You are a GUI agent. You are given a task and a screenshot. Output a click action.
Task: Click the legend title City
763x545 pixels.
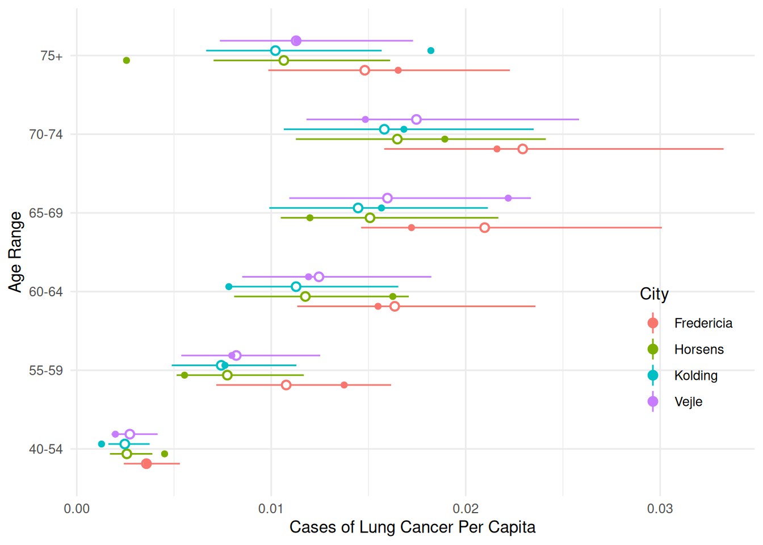coord(654,294)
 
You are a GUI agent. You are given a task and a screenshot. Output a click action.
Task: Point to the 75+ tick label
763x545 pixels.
coord(51,56)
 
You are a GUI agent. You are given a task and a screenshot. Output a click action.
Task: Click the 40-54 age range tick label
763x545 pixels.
coord(46,449)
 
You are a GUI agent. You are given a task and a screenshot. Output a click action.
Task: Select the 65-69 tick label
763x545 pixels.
coord(46,213)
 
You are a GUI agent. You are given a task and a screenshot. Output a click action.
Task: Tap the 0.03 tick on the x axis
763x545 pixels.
coord(660,509)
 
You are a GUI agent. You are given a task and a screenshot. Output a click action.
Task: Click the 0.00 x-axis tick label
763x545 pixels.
coord(77,509)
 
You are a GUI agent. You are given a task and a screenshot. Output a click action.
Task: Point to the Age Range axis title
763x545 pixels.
coord(15,252)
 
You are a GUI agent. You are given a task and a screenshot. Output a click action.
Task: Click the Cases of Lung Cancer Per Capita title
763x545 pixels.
coord(412,527)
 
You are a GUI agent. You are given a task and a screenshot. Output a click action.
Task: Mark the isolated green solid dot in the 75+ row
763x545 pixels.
coord(127,60)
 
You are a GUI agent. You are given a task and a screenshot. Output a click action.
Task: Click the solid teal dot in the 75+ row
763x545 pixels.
coord(431,51)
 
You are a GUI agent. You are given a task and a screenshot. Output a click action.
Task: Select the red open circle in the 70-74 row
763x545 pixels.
coord(523,149)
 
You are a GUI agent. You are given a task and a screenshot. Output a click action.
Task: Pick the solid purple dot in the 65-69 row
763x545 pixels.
coord(508,198)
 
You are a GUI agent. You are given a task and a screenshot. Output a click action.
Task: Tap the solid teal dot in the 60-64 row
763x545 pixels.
coord(229,287)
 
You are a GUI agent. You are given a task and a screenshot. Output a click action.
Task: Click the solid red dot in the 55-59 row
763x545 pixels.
coord(344,385)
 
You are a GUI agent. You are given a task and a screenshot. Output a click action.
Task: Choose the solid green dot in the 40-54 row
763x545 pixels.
coord(165,454)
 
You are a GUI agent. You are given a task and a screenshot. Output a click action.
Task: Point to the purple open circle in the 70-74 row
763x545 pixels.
coord(416,119)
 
